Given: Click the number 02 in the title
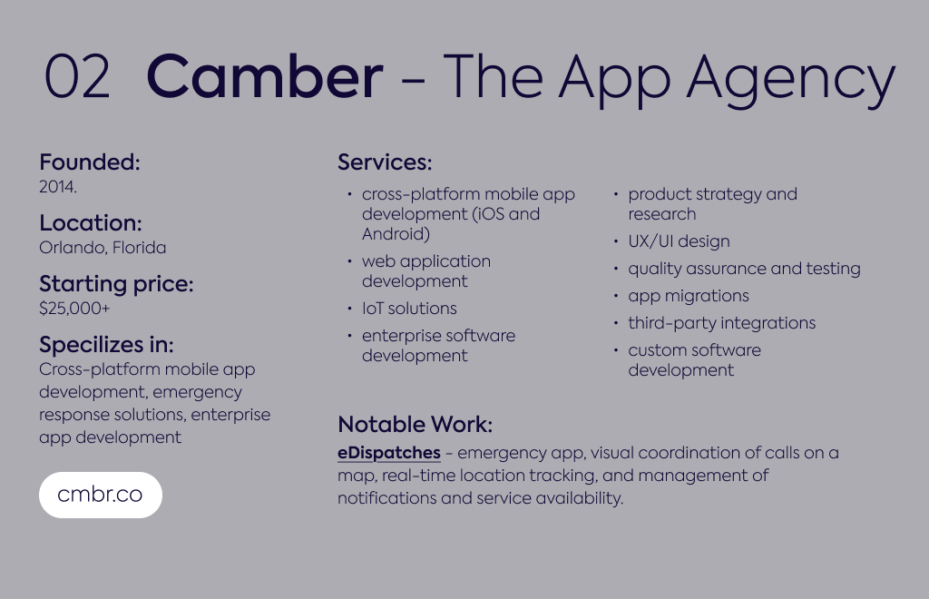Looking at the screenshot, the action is [77, 76].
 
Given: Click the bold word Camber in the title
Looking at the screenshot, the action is [264, 76].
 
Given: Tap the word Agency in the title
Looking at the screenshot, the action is [791, 81].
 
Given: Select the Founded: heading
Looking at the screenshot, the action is [90, 162].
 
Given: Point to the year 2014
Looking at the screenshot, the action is [57, 187].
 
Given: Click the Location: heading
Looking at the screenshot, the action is [91, 222].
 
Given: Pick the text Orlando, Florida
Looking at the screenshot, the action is [103, 247].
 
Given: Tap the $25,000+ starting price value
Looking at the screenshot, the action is [74, 308].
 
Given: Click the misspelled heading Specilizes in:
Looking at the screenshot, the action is [106, 345].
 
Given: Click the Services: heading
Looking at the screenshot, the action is [385, 162].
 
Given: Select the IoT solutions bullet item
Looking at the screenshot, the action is [409, 308].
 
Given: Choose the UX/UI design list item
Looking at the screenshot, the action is [679, 241].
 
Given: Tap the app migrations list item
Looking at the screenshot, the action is [689, 296].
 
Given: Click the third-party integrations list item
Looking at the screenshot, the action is [721, 323].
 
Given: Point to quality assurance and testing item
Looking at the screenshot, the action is [744, 269].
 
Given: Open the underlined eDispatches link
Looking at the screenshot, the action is [389, 453].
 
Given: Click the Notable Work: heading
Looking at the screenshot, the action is [415, 424].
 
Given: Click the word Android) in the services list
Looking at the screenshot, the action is [396, 234].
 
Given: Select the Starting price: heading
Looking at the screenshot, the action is [116, 284].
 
